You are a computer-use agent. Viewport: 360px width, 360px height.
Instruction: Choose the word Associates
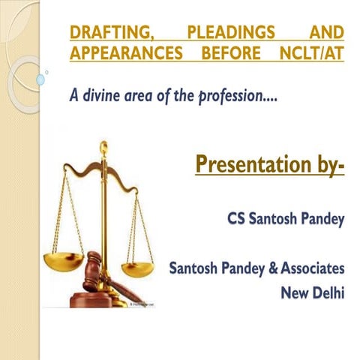[307, 267]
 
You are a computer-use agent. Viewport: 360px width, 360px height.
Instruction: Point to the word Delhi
[328, 292]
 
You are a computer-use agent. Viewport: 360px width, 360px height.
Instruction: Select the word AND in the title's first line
[328, 34]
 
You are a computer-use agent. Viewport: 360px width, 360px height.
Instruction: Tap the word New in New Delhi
[295, 292]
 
